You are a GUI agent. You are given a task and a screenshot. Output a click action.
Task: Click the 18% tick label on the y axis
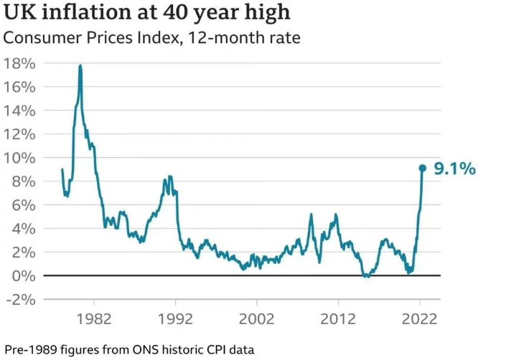(x=19, y=63)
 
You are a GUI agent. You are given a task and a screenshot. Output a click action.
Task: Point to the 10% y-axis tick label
(x=19, y=158)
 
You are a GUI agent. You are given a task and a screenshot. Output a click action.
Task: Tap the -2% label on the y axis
(x=19, y=300)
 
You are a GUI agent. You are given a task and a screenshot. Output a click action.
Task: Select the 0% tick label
(x=24, y=276)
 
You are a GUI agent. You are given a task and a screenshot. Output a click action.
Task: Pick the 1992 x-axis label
(x=174, y=318)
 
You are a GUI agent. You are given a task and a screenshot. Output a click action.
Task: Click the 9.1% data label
(x=455, y=169)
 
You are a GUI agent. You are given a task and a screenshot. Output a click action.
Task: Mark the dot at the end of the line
(x=422, y=168)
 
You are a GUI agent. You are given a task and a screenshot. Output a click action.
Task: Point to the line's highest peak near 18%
(x=80, y=66)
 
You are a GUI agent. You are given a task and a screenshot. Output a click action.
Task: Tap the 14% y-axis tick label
(x=19, y=110)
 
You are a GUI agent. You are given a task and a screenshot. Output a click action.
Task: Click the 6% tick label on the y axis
(x=24, y=205)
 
